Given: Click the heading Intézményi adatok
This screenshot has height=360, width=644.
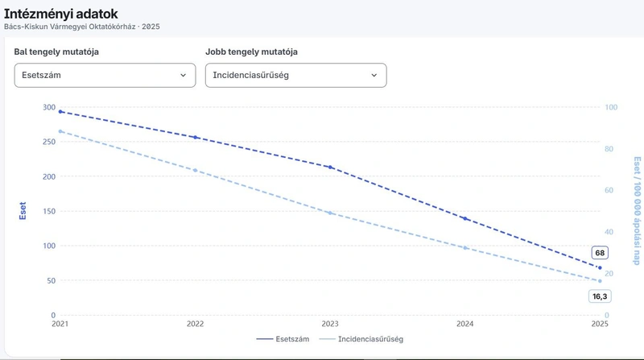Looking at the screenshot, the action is point(61,14).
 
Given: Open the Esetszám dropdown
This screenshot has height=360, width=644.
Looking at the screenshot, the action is point(105,75).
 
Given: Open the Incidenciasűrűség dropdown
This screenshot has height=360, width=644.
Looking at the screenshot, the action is point(295,75).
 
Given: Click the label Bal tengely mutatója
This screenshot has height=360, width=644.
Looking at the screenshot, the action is point(56,52).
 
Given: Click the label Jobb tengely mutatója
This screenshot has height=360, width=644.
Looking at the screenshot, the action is point(251,52).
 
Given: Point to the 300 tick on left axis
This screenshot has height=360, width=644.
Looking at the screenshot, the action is point(49,107).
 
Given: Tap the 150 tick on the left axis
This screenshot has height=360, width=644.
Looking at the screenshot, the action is point(49,211).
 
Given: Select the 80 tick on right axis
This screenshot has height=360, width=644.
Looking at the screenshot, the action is point(609,149).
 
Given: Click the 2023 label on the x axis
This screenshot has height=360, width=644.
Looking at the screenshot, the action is point(330,324).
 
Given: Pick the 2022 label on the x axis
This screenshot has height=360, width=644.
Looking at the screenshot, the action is point(195,324).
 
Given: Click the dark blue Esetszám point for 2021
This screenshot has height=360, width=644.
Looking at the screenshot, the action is point(60,111).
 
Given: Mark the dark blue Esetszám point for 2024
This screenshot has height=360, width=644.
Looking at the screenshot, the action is point(465,218).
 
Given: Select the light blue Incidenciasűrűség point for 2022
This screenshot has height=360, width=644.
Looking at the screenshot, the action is point(195,170).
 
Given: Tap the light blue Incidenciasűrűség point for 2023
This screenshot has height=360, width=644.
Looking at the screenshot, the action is point(330,213).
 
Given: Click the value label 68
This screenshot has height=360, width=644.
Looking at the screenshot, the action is point(600,253).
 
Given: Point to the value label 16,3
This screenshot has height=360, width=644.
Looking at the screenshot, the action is point(600,296).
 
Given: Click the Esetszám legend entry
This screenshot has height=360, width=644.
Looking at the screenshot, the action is point(283,339).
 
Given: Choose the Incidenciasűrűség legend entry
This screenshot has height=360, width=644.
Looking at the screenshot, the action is point(361,339).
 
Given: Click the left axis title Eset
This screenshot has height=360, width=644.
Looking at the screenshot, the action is point(23,211).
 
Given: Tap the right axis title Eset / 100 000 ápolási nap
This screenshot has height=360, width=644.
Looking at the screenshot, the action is point(637,210).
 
